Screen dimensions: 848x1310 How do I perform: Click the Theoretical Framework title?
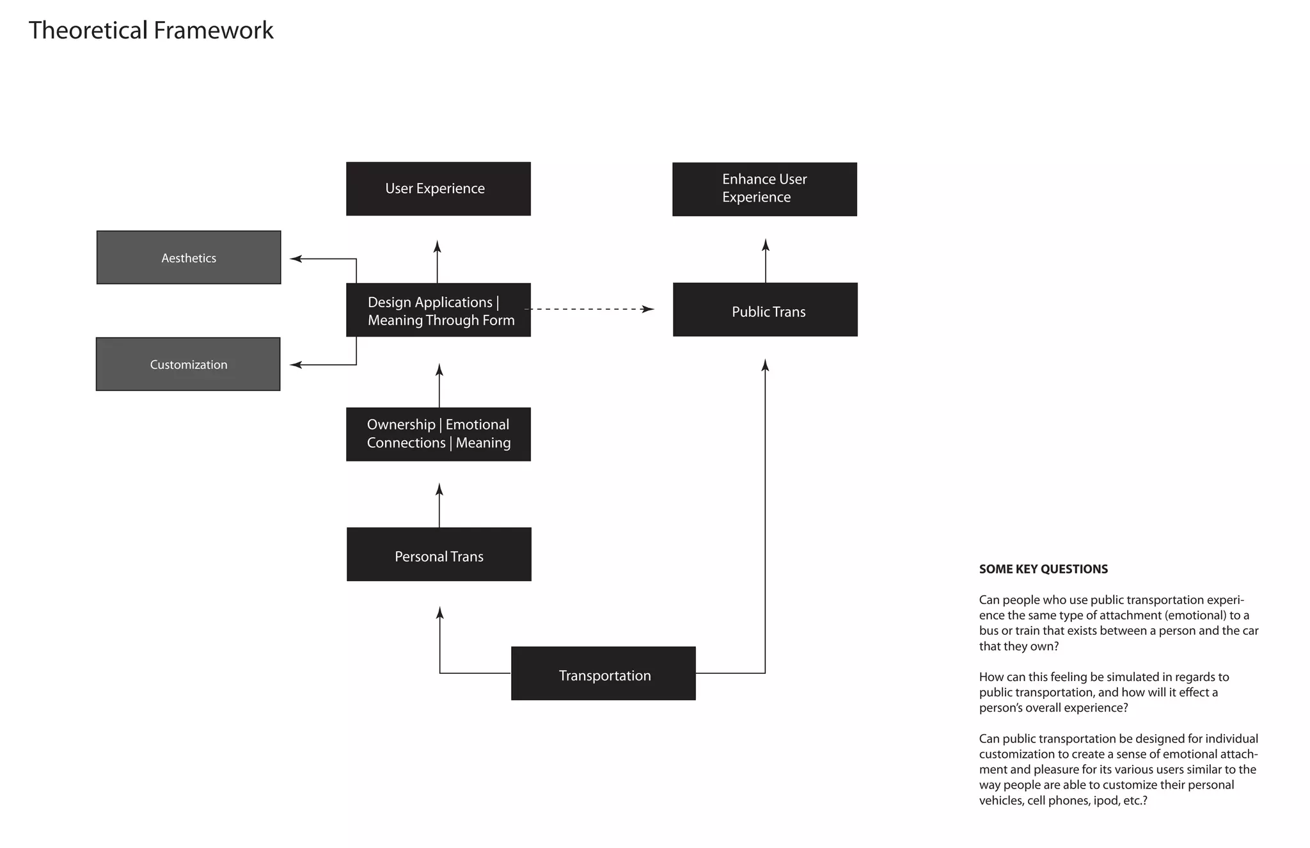(x=151, y=31)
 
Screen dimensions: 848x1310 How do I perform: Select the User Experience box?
(x=438, y=189)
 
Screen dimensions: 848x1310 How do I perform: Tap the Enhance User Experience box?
(x=764, y=189)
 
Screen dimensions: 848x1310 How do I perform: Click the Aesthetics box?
(x=189, y=257)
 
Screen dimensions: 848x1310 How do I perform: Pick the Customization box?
(x=188, y=364)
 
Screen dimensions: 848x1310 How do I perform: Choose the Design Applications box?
(x=438, y=310)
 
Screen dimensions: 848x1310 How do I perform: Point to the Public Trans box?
(x=765, y=310)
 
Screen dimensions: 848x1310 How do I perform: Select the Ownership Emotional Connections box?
(x=438, y=434)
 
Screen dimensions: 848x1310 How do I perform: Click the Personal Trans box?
(x=439, y=554)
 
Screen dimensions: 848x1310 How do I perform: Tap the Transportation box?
(x=603, y=673)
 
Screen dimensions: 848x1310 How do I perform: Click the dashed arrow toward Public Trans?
(x=588, y=309)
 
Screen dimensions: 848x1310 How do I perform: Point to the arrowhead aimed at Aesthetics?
(x=296, y=259)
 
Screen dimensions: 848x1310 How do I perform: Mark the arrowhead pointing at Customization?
(x=296, y=365)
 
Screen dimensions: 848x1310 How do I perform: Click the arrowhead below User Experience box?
(x=438, y=247)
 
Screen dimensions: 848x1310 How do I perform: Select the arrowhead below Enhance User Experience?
(x=766, y=245)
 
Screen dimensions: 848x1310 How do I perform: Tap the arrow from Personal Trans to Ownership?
(x=439, y=506)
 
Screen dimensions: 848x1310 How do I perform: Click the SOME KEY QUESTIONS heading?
(x=1043, y=569)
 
